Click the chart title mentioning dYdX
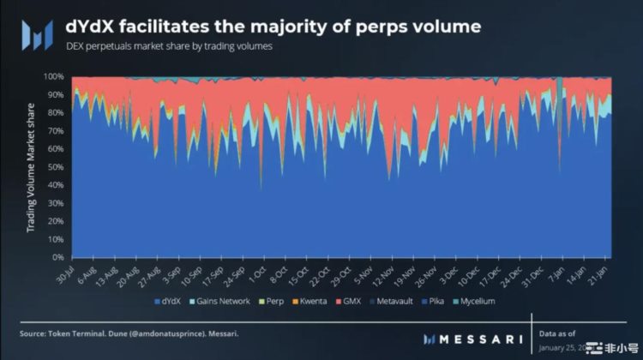click(273, 26)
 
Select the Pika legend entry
click(436, 302)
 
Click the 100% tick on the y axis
click(54, 76)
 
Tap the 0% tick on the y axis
click(59, 257)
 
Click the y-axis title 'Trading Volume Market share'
click(29, 167)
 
